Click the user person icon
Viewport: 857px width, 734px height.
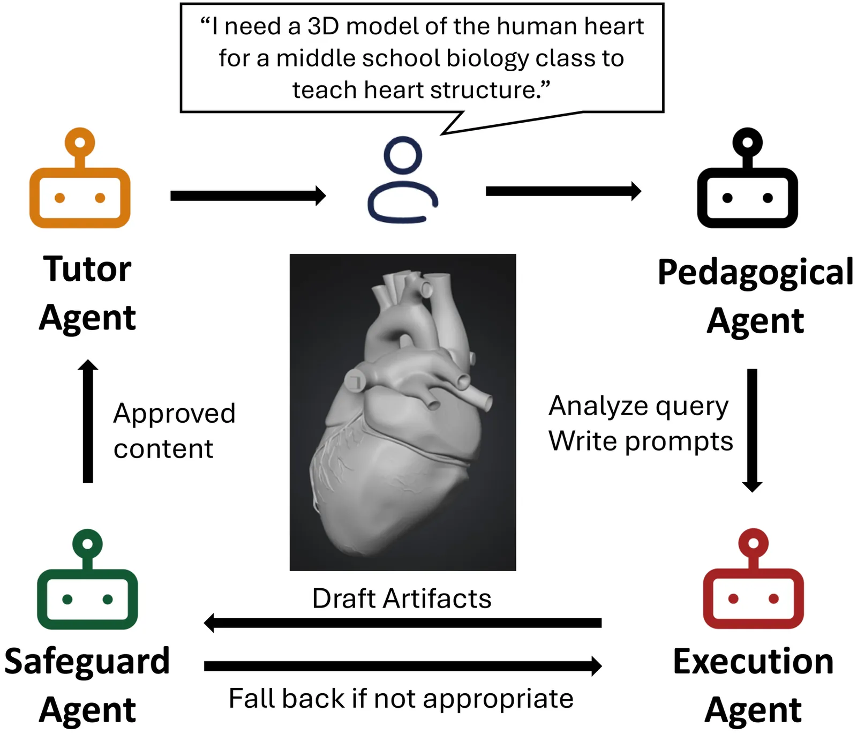point(403,181)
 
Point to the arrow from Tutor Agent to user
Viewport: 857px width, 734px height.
point(248,196)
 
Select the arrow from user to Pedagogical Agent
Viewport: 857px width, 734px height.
point(563,191)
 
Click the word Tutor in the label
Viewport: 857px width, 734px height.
point(87,269)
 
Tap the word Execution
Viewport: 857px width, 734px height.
point(753,662)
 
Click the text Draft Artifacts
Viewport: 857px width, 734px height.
point(402,598)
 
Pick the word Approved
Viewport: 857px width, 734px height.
point(175,414)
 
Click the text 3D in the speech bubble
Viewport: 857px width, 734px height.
point(323,26)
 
